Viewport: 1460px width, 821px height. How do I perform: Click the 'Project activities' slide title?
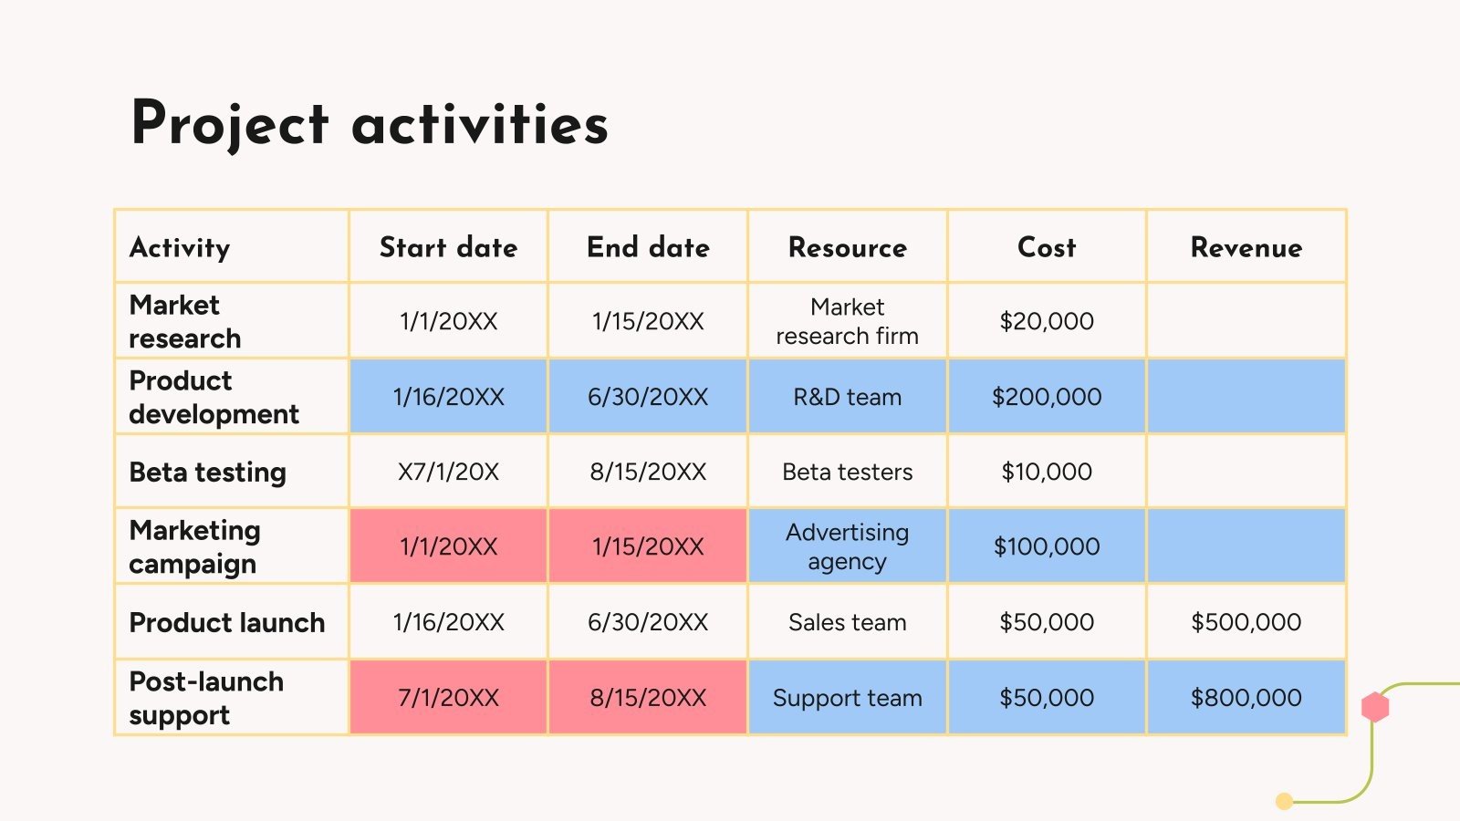coord(370,124)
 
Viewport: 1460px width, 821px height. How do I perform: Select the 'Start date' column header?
coord(448,247)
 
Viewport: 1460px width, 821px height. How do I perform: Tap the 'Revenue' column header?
coord(1246,247)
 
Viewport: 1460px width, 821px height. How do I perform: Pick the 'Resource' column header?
coord(848,247)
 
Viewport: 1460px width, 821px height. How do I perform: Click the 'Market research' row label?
coord(185,321)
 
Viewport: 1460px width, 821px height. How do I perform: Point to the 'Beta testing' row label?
coord(207,473)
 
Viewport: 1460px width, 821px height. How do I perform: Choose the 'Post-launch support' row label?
coord(206,698)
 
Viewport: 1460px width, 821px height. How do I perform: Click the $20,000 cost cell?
coord(1046,321)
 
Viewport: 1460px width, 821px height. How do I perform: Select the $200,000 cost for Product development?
coord(1046,397)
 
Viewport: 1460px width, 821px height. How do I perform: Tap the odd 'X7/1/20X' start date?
coord(448,472)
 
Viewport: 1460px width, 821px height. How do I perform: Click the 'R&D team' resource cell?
coord(848,397)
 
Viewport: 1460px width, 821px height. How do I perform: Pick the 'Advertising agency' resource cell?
coord(848,546)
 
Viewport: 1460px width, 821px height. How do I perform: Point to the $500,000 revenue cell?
coord(1246,622)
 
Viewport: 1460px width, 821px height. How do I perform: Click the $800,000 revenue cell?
coord(1246,698)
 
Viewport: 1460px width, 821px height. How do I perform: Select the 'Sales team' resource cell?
coord(848,622)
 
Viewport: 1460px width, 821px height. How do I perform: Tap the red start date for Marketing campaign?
coord(448,546)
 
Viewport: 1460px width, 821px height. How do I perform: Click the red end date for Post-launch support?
coord(648,698)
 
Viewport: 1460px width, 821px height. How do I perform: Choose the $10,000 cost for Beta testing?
coord(1046,472)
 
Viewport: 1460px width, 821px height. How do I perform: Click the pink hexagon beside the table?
coord(1375,707)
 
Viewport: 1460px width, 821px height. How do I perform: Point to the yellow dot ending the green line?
coord(1284,802)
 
